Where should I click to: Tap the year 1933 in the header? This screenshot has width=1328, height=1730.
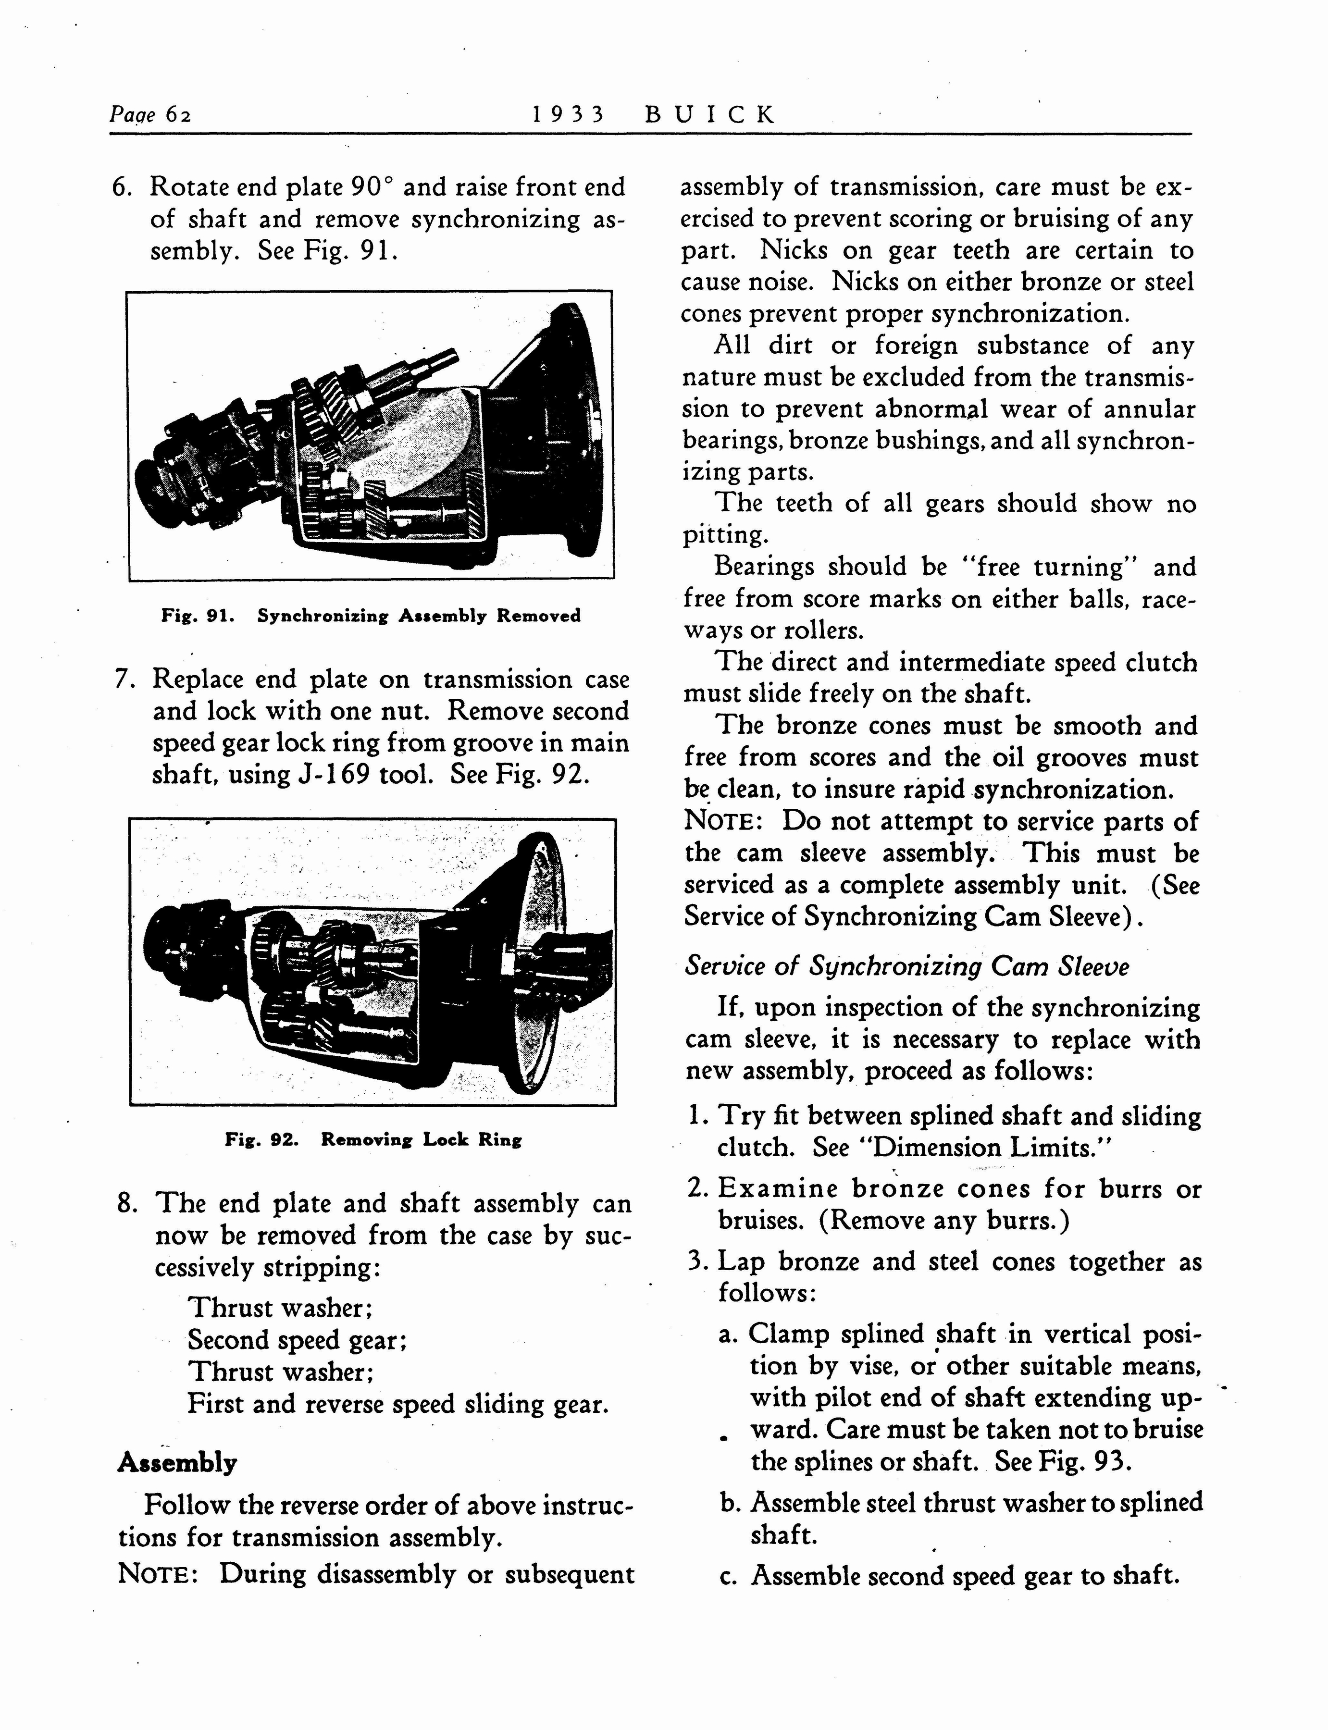tap(568, 115)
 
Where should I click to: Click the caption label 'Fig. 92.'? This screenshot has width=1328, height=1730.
tap(261, 1139)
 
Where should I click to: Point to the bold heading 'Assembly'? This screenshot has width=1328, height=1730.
tap(177, 1463)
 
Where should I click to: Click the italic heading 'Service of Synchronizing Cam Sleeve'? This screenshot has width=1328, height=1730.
tap(906, 966)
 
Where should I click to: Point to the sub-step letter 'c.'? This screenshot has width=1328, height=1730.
tap(728, 1577)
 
